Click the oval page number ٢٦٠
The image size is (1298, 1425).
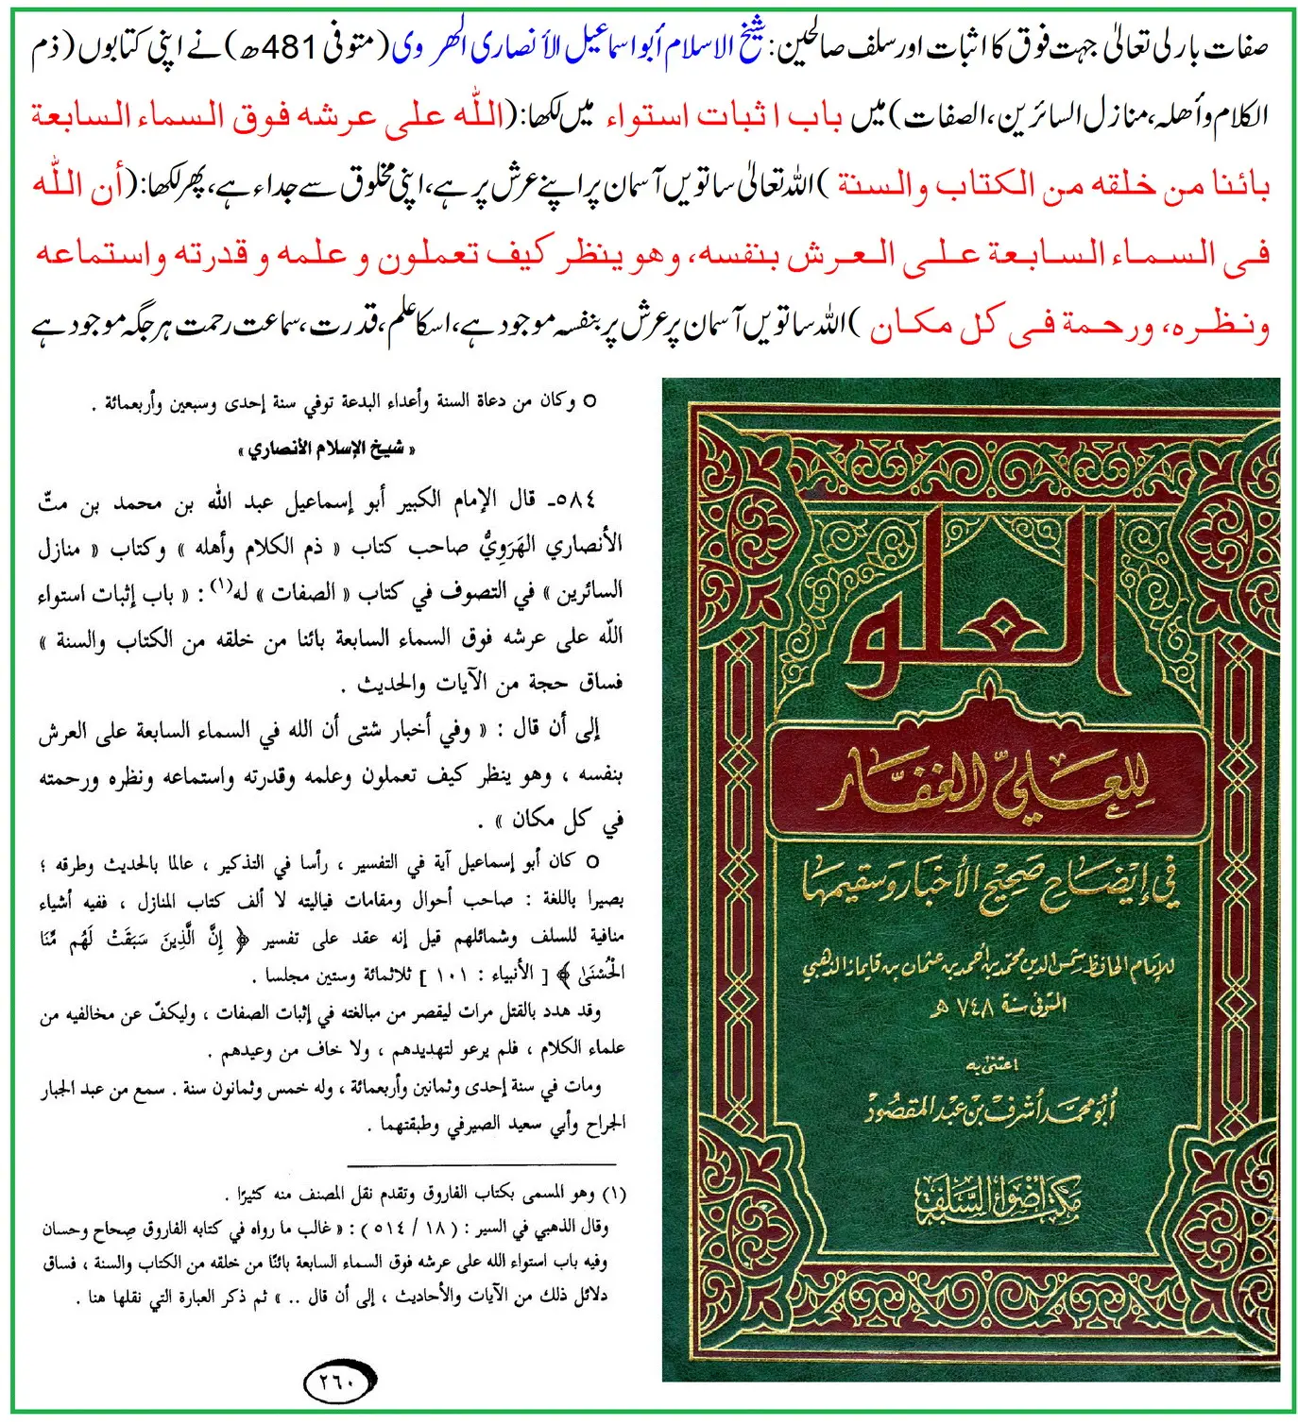point(341,1383)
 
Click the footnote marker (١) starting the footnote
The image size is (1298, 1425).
point(614,1194)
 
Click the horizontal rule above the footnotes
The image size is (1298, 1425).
point(481,1163)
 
